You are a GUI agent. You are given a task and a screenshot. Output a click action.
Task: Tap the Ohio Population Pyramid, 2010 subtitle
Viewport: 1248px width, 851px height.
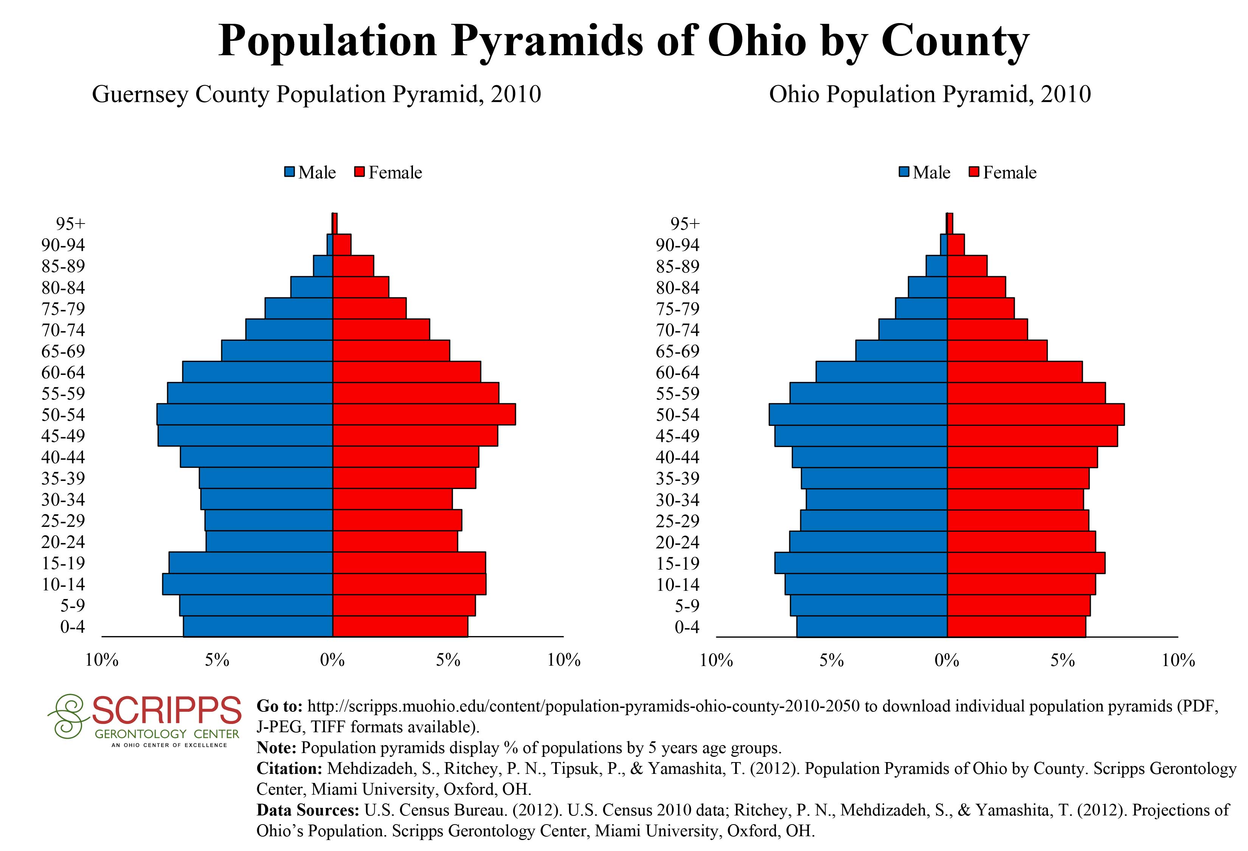click(x=930, y=95)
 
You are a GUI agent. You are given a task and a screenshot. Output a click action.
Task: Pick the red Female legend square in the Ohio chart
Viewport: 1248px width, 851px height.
click(x=974, y=172)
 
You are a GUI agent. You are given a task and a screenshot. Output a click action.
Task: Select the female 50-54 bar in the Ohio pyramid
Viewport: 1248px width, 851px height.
click(x=1035, y=415)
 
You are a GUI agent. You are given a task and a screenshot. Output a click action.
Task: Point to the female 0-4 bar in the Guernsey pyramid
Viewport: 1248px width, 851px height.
click(x=400, y=627)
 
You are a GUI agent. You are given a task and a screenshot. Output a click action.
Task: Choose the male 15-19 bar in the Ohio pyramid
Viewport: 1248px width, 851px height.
click(x=861, y=563)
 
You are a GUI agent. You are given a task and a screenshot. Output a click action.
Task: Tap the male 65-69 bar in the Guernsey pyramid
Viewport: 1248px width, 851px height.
click(x=277, y=351)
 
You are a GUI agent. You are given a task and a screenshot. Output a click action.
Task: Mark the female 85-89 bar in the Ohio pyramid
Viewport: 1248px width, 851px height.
click(x=967, y=266)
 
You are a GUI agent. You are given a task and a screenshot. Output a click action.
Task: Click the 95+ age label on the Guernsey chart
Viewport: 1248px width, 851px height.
click(x=70, y=224)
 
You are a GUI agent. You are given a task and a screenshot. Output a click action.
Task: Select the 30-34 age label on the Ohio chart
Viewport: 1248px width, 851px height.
click(x=678, y=500)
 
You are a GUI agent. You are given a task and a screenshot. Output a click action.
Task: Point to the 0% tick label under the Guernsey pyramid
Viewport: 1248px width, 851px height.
click(x=332, y=660)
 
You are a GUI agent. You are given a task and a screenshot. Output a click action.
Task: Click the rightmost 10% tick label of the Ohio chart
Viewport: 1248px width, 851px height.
click(x=1178, y=660)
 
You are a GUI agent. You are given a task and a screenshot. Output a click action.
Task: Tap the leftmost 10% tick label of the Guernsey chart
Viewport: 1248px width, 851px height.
click(x=102, y=660)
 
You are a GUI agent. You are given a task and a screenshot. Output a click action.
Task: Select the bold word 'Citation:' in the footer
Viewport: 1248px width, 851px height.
click(x=289, y=768)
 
